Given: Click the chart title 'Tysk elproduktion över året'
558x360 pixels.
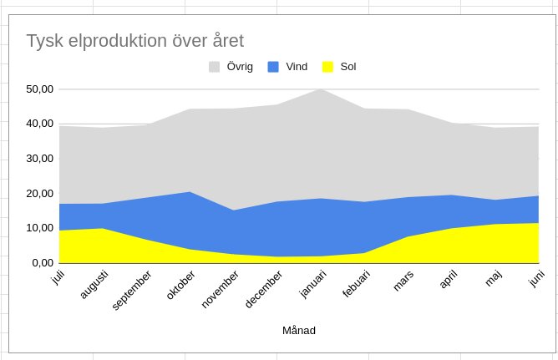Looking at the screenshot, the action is (135, 41).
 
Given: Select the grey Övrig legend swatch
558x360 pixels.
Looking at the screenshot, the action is (214, 67).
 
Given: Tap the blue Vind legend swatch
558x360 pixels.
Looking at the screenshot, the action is (273, 67).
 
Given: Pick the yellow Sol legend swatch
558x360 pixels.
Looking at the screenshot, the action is (327, 67).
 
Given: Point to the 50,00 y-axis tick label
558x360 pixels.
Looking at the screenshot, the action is (39, 89).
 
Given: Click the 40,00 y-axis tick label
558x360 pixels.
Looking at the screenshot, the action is (39, 124).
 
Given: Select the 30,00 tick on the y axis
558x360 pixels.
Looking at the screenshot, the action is (39, 159).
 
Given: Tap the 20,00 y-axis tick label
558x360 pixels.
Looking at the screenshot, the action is (39, 194).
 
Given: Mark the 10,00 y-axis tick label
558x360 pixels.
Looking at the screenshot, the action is (39, 228).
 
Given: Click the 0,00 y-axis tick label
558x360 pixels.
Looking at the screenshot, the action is (43, 263).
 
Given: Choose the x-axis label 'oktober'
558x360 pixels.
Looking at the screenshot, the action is (180, 285).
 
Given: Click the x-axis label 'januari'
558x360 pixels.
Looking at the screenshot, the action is (313, 284).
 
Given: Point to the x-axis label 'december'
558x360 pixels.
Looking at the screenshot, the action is (264, 289).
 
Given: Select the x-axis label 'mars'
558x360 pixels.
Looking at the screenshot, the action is (403, 281).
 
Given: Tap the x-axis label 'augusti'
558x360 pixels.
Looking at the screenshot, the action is (94, 284).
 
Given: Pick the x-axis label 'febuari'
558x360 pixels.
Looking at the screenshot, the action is (356, 283).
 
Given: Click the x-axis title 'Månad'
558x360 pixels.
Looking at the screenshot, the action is (299, 331).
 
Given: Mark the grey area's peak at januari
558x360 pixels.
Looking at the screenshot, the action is (321, 89).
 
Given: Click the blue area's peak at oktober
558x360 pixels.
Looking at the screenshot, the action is (190, 192).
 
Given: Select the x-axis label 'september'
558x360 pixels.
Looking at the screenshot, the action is (132, 291).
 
